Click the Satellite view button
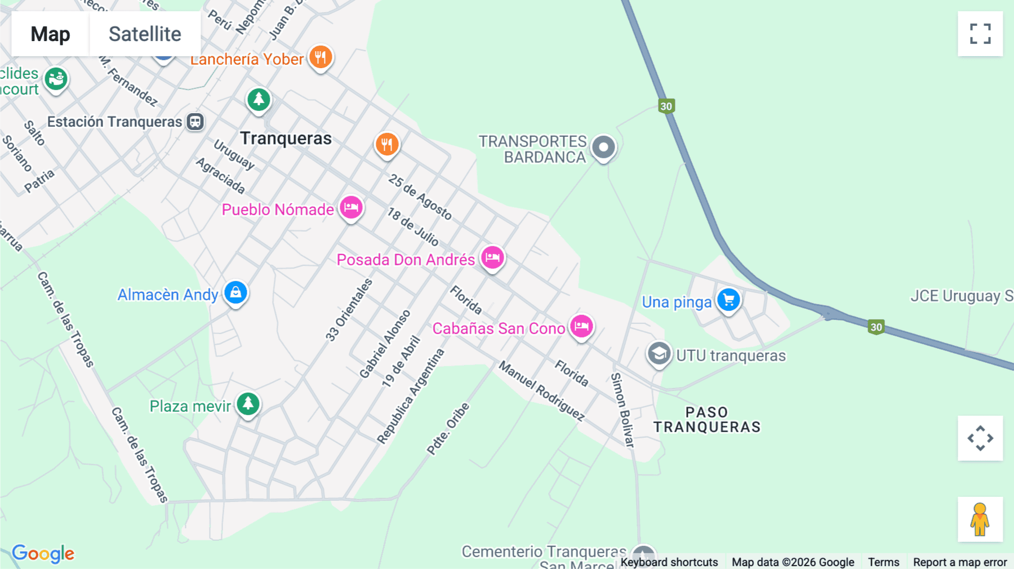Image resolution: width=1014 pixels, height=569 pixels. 145,34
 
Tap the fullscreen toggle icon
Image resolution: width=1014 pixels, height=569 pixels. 980,34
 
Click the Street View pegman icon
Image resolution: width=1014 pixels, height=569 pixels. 980,519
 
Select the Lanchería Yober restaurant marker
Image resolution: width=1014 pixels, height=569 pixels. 321,57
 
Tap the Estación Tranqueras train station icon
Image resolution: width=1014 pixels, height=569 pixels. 195,122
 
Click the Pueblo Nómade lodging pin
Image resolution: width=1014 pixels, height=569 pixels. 351,207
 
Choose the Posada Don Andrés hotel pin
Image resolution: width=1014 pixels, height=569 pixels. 492,257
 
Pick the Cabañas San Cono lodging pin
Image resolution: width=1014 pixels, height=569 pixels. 581,326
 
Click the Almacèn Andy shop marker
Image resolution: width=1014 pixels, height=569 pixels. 235,292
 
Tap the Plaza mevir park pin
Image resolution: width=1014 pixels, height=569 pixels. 248,403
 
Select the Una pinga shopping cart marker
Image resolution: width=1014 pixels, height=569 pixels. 728,300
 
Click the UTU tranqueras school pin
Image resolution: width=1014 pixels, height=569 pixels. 659,354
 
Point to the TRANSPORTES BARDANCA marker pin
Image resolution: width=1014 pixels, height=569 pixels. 603,148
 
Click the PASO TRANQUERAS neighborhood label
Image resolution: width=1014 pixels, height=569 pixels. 707,420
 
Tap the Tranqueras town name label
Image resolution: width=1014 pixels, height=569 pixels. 286,139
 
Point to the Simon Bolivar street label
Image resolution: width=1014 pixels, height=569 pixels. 623,410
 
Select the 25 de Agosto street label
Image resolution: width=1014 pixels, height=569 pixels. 420,197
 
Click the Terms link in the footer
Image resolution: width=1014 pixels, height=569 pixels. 883,562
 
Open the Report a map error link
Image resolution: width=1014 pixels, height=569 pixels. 960,562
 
